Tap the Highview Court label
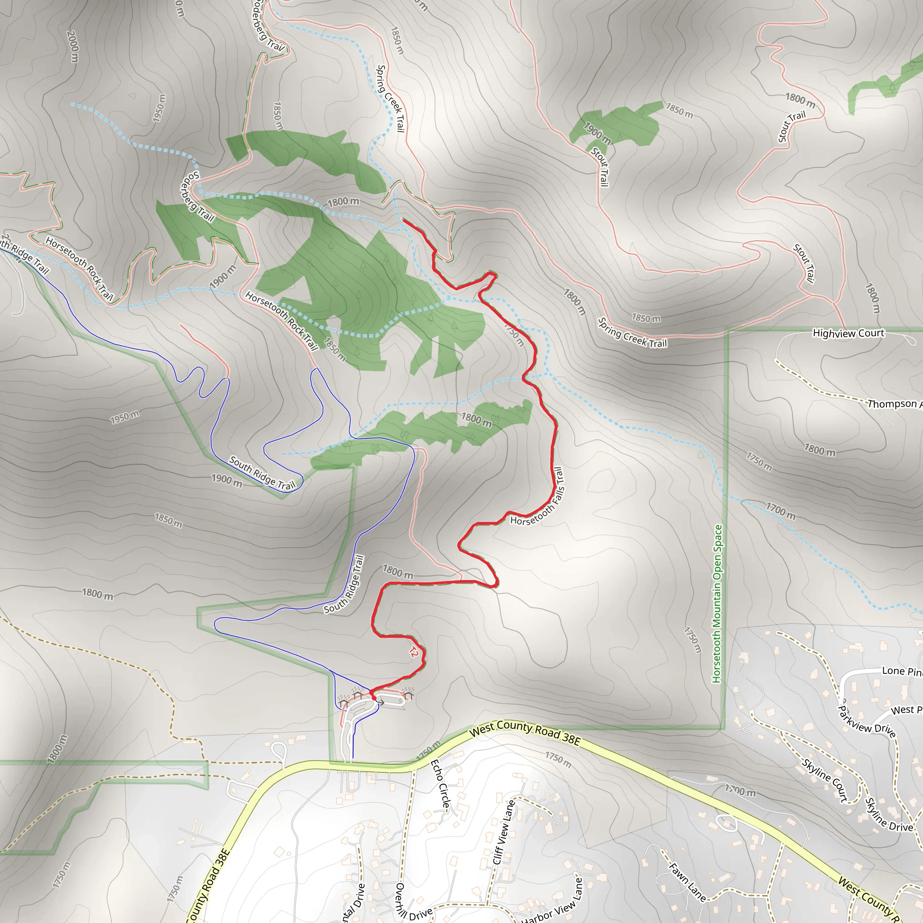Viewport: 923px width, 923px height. tap(849, 333)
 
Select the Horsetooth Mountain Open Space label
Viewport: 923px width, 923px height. tap(717, 604)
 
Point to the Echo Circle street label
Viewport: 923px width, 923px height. tap(440, 783)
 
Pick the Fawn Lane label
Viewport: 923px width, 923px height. tap(687, 882)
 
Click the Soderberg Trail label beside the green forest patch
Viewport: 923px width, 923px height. tap(196, 197)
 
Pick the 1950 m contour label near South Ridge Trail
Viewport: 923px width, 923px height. tap(125, 417)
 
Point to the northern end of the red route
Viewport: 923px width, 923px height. tap(404, 220)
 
